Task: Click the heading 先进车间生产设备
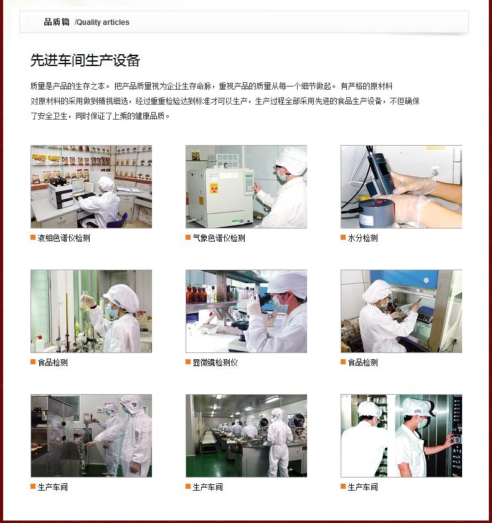tap(85, 60)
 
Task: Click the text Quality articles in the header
tap(103, 22)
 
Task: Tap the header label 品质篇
tap(57, 22)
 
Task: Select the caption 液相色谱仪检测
tap(64, 238)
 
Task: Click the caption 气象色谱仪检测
tap(219, 238)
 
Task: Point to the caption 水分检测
tap(362, 238)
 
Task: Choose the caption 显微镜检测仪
tap(215, 362)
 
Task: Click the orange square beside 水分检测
tap(343, 237)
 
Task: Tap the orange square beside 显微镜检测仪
tap(188, 362)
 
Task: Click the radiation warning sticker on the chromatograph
tap(214, 189)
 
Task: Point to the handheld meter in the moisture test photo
tap(381, 174)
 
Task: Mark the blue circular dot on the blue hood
tap(425, 280)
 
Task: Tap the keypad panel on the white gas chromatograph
tap(249, 182)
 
